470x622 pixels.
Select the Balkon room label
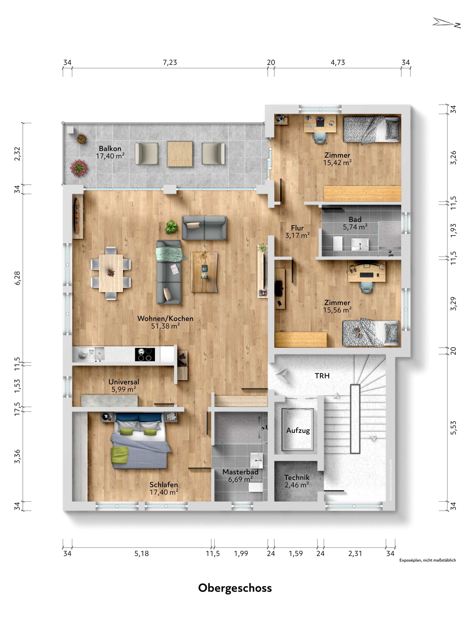tap(110, 148)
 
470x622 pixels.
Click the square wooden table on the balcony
tap(180, 154)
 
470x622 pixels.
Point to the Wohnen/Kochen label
tap(165, 318)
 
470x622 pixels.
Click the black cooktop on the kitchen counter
tap(145, 354)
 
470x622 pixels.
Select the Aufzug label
tap(298, 431)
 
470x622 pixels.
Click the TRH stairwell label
tap(322, 376)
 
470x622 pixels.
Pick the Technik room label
tap(297, 477)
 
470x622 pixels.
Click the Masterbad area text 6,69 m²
tap(240, 479)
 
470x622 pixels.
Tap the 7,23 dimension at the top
tap(170, 62)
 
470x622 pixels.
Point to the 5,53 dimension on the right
tap(453, 428)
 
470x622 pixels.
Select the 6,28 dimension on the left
tap(17, 278)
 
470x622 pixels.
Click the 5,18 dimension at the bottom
tap(142, 553)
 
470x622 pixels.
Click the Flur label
tap(297, 228)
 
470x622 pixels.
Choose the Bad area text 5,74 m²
tap(355, 227)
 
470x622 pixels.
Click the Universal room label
tap(124, 382)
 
